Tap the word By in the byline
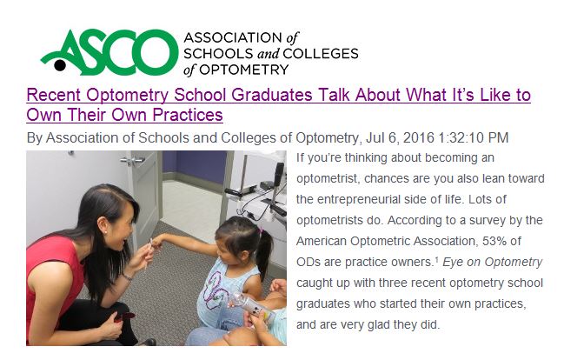tap(34, 137)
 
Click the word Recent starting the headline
tap(53, 95)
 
